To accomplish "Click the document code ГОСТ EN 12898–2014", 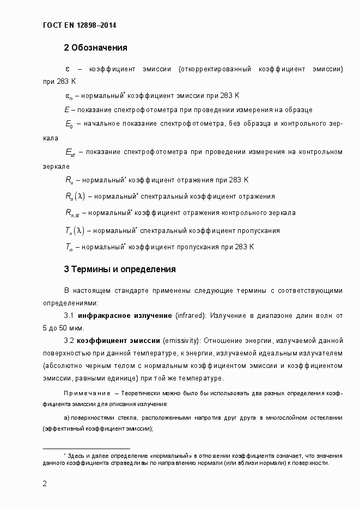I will pos(79,25).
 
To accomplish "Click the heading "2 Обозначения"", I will pos(95,48).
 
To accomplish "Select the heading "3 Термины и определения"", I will pos(120,269).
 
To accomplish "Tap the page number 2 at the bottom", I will pos(45,483).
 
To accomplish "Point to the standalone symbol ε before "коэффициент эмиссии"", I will pos(67,70).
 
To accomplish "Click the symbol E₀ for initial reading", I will pos(69,124).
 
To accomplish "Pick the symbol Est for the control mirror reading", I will pos(70,152).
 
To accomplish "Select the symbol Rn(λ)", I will pos(75,197).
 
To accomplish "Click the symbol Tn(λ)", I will pos(75,230).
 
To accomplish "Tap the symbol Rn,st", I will pos(72,213).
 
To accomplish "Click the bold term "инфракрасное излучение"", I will pos(125,316).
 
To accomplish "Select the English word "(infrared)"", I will pos(190,316).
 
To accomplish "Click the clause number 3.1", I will pos(69,316).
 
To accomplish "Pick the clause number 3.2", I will pos(69,341).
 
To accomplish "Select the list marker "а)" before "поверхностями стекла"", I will pos(67,418).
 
